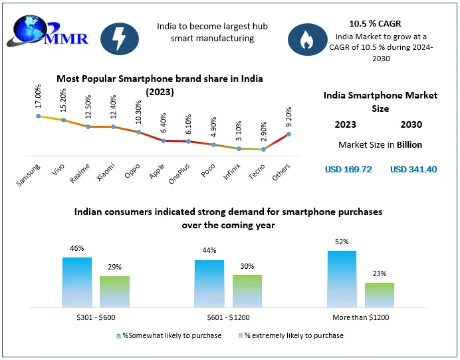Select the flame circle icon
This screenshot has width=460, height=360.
tap(306, 39)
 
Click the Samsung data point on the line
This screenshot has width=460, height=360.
tap(39, 116)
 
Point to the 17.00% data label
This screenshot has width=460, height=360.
tap(37, 97)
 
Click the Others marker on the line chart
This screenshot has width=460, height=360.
tap(288, 134)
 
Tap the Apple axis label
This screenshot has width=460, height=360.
tap(157, 172)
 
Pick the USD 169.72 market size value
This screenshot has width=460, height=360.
tap(348, 169)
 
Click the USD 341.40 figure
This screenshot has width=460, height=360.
tap(413, 169)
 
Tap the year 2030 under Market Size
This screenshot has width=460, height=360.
tap(411, 124)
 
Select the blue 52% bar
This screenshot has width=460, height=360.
tap(342, 278)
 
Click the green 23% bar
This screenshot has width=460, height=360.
tap(380, 294)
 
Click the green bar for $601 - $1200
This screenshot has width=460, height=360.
tap(247, 290)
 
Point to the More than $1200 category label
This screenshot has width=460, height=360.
tap(361, 318)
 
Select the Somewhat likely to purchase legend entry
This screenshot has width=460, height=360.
tap(169, 335)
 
